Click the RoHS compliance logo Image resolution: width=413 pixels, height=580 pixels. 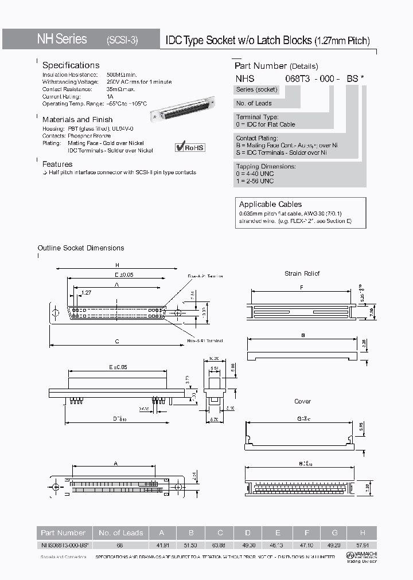click(190, 147)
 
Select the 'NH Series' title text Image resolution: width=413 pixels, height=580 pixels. click(62, 39)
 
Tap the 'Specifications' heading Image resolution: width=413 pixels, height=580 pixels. click(71, 65)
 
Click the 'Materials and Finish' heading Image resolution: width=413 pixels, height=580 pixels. click(77, 120)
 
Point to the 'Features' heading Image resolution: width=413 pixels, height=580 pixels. click(57, 164)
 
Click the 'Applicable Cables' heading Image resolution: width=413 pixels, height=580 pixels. click(270, 204)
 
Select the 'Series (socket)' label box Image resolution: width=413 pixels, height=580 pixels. click(257, 89)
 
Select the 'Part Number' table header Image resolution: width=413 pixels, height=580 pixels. click(63, 532)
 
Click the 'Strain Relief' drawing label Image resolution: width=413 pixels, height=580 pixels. click(302, 273)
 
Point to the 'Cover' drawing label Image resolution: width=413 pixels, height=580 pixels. click(302, 401)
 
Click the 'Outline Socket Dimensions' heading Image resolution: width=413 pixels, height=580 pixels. click(81, 248)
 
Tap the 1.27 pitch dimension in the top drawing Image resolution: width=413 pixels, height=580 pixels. click(86, 292)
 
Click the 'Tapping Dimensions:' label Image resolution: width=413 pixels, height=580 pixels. click(266, 166)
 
